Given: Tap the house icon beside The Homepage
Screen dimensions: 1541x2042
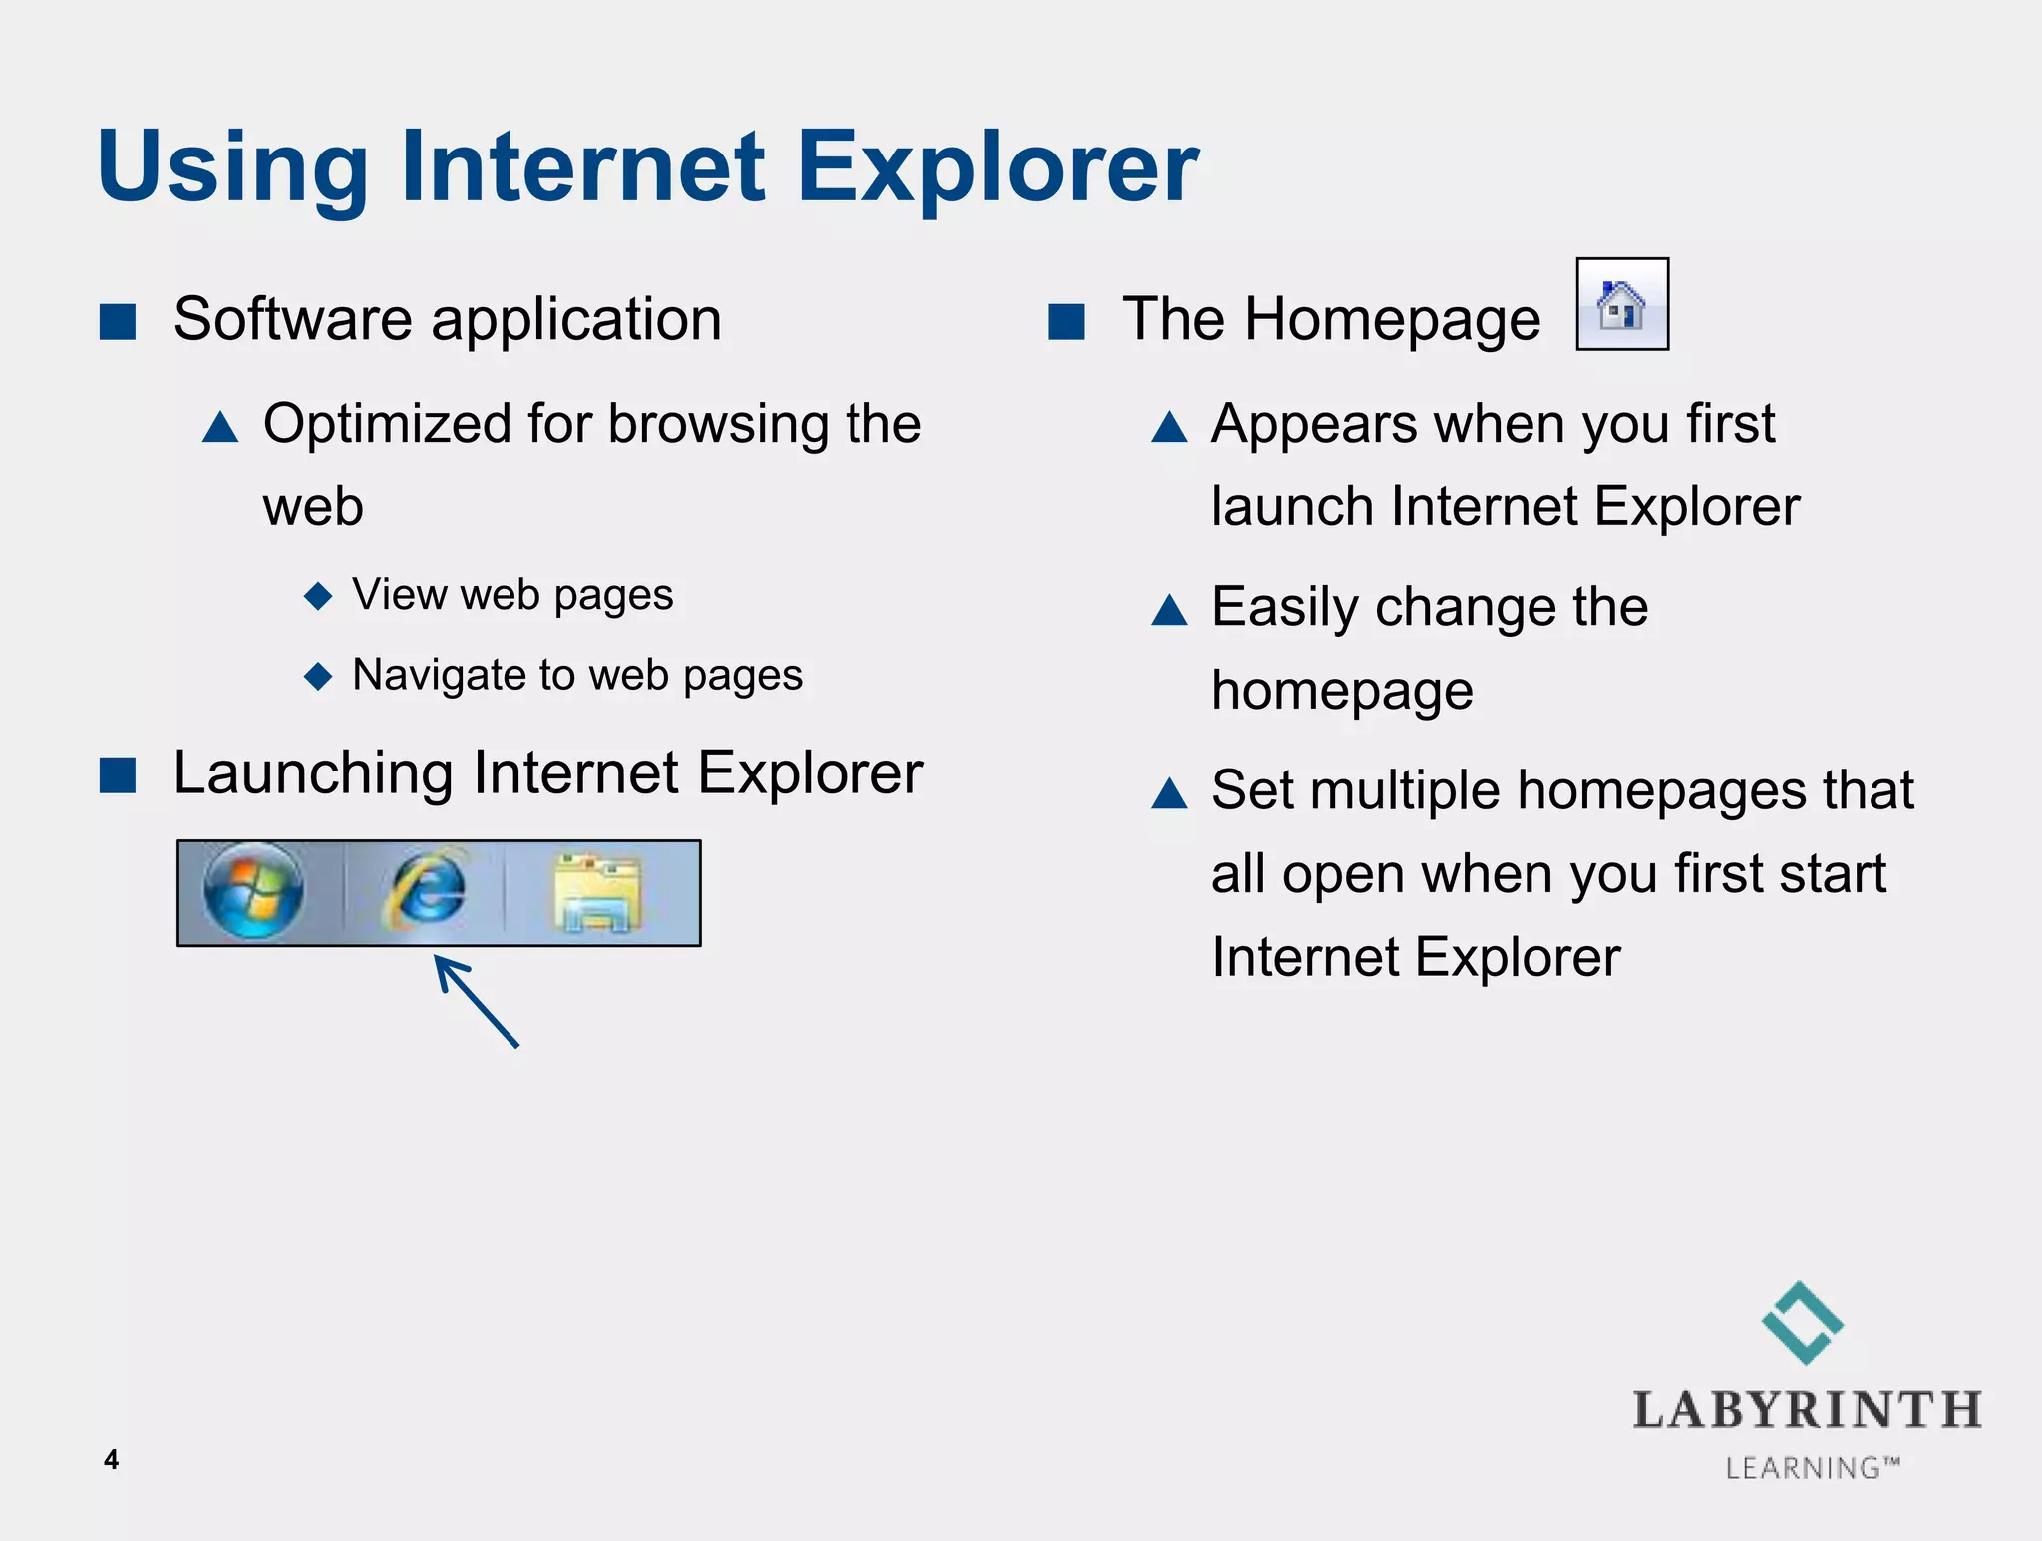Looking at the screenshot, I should [1621, 304].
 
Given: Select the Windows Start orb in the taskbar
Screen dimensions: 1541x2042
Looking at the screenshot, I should [253, 891].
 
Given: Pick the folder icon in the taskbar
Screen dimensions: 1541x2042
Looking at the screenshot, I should [597, 891].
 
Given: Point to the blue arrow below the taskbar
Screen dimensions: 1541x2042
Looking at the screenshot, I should [476, 1001].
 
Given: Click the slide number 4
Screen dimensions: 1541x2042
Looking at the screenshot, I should [111, 1459].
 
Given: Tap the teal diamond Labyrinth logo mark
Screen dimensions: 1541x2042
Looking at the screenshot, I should [1803, 1322].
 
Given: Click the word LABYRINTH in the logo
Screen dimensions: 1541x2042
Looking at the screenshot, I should [1807, 1411].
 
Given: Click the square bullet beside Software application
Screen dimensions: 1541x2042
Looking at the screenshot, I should [118, 322].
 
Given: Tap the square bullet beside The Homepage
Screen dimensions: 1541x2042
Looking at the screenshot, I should [1066, 322].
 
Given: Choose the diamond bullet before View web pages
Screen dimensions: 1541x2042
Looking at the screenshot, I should [318, 596].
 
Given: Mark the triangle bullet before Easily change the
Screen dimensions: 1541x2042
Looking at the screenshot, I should [1169, 610].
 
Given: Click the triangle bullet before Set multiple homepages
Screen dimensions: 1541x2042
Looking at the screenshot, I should [1169, 794].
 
